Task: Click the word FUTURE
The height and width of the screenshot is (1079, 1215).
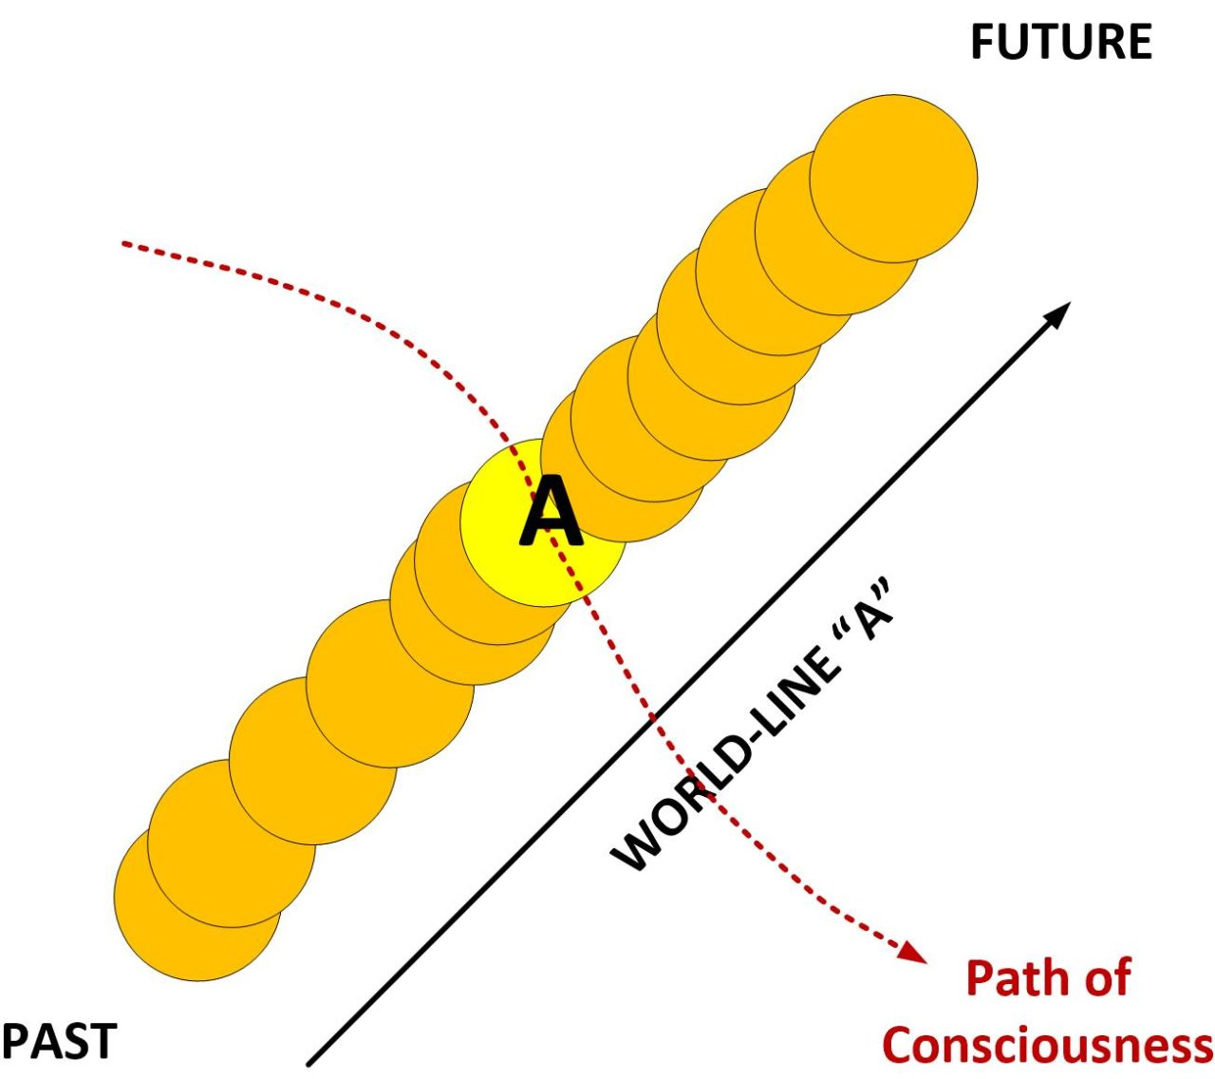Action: tap(1060, 43)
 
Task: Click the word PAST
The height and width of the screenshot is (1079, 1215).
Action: tap(59, 1041)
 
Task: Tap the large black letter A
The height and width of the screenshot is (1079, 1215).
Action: tap(551, 513)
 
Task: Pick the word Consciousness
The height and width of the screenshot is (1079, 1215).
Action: tap(1047, 1045)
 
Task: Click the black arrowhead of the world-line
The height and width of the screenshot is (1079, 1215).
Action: tap(1058, 313)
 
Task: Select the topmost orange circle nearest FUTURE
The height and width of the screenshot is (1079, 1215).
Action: tap(893, 178)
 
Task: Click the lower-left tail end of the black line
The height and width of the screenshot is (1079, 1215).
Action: tap(310, 1062)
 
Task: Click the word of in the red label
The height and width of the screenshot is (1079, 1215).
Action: tap(1107, 978)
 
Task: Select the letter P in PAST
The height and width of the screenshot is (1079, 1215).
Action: tap(14, 1041)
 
